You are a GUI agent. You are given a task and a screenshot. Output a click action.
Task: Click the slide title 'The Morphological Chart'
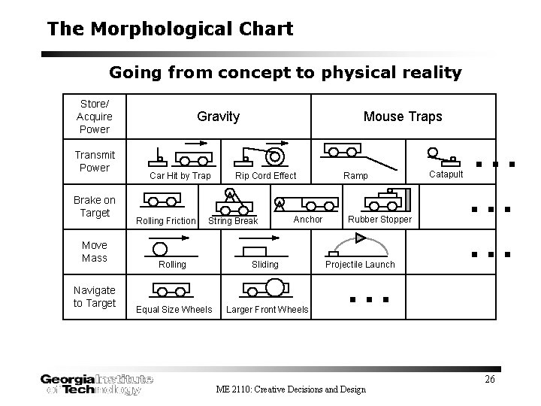coord(170,29)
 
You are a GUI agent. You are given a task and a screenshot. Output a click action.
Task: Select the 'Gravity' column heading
coord(218,117)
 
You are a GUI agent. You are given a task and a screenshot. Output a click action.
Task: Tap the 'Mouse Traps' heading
coord(403,117)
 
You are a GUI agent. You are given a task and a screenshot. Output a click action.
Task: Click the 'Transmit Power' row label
coord(95,161)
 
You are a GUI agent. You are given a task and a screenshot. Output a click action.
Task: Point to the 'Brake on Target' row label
coord(95,206)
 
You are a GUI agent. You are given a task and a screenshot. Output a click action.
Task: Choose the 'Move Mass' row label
coord(95,251)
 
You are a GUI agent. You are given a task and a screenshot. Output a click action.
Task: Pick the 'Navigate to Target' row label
coord(95,296)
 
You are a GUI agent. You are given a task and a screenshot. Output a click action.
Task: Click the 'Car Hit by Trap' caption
coord(180,176)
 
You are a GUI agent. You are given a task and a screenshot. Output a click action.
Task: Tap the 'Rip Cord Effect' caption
coord(266,176)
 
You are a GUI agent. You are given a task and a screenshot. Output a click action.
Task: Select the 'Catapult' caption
coord(446,174)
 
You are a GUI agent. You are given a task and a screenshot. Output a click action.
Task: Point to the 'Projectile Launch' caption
coord(359,265)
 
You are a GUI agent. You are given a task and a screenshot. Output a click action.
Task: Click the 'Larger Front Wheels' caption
coord(267,310)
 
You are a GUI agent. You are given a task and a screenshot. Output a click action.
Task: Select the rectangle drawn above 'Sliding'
coord(256,250)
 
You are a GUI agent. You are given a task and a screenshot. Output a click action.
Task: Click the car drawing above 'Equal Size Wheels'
coord(171,292)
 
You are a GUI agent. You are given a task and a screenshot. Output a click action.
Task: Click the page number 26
coord(489,379)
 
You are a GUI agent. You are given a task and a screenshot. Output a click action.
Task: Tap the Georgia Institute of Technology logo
coord(97,384)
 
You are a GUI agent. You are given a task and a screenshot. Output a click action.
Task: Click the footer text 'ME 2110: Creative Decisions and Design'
coord(291,389)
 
